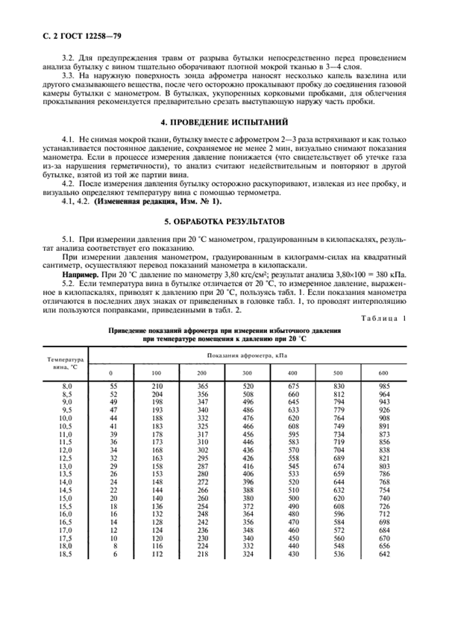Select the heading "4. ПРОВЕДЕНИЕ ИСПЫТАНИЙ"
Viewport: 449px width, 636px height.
pos(224,122)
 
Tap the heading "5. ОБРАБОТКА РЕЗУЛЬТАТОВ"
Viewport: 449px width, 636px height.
pos(224,222)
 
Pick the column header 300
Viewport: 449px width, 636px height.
pos(248,372)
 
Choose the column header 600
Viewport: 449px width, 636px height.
pos(383,372)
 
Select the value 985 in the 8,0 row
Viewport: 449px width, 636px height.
pos(383,384)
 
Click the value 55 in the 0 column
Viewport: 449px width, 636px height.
pos(114,384)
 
